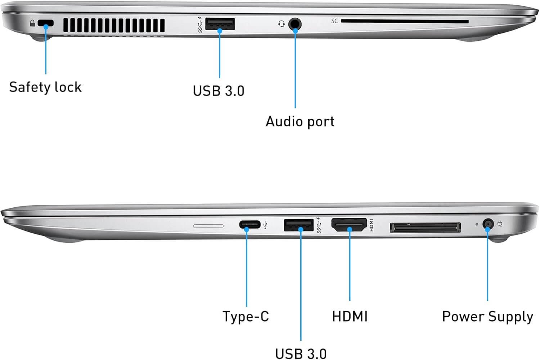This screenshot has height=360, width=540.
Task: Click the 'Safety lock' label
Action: tap(45, 87)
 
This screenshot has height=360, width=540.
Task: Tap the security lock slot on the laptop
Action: tap(46, 23)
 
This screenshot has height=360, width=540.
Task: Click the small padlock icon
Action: tap(32, 23)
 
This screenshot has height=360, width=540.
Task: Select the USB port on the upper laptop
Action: tap(220, 24)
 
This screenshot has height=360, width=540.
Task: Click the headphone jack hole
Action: tap(295, 24)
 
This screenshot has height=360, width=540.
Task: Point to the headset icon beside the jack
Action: tap(281, 24)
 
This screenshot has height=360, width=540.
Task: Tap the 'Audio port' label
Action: tap(300, 121)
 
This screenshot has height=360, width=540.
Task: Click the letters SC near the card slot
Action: tap(334, 21)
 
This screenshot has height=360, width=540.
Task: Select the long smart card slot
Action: tap(405, 22)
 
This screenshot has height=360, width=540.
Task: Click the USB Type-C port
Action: tap(250, 225)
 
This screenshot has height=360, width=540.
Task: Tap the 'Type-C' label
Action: tap(246, 316)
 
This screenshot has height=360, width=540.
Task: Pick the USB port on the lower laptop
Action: tap(299, 225)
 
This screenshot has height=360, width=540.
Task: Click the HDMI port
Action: tap(349, 225)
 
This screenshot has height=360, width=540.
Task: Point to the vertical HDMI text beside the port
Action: tap(372, 225)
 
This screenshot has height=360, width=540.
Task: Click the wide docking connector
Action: tap(425, 228)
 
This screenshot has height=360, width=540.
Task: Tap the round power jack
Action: tap(488, 224)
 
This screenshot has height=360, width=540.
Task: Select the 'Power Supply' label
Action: tap(488, 317)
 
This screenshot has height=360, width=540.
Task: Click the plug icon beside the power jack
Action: tap(500, 224)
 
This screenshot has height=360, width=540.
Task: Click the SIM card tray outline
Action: tap(208, 226)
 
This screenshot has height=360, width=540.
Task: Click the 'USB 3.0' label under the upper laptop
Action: tap(219, 91)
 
